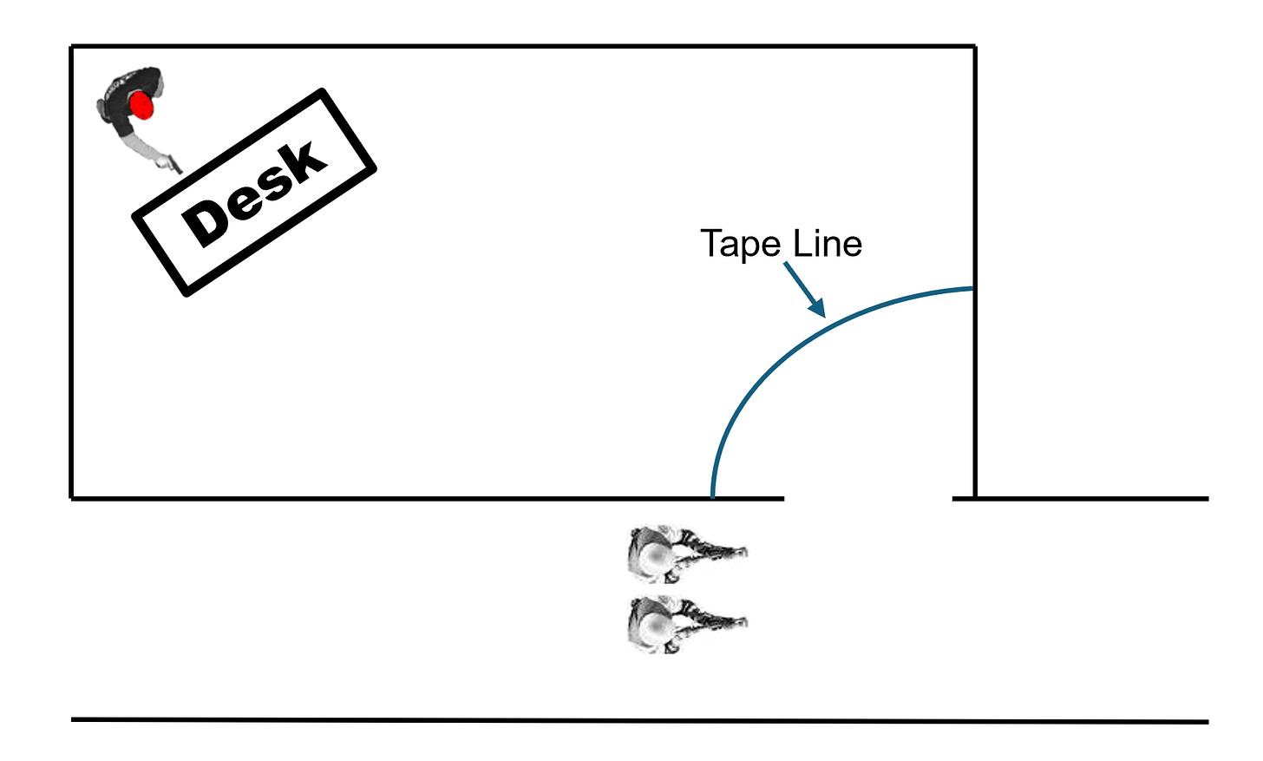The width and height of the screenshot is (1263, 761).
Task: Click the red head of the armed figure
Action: click(141, 106)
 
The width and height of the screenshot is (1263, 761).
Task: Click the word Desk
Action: click(254, 193)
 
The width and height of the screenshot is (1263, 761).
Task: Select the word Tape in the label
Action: click(740, 245)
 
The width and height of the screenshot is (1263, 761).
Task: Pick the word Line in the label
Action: click(828, 245)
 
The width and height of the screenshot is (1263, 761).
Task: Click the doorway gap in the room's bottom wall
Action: click(867, 499)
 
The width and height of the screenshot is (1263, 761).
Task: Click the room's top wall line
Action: click(520, 46)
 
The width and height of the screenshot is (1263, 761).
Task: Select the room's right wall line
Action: click(975, 174)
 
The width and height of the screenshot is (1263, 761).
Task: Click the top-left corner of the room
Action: click(71, 46)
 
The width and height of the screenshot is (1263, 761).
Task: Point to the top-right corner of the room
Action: click(975, 46)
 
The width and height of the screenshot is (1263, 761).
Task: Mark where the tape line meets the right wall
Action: click(973, 288)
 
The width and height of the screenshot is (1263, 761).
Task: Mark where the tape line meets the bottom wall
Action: click(712, 497)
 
